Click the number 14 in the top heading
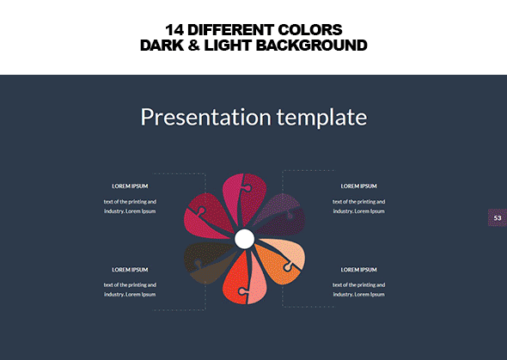(x=174, y=30)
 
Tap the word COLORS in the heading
(x=309, y=30)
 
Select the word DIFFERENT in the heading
(x=231, y=30)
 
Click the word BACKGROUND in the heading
(x=312, y=46)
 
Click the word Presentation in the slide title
(x=205, y=117)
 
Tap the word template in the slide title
(x=321, y=118)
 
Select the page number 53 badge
(x=498, y=218)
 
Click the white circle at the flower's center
(x=244, y=239)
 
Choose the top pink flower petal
(x=244, y=198)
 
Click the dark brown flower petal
(x=207, y=262)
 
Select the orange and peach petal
(x=281, y=260)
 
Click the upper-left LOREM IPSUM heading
(x=130, y=186)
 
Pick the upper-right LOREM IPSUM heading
(x=358, y=186)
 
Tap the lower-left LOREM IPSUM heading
(x=130, y=270)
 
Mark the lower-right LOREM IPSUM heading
(x=358, y=270)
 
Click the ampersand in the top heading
(x=193, y=46)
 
